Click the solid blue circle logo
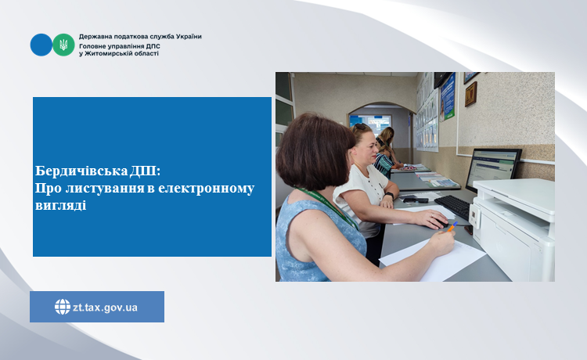pos(41,45)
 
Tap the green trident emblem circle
pos(63,45)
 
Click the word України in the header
pos(189,37)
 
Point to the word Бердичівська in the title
pos(81,171)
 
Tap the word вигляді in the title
pos(60,206)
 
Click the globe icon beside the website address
pos(63,307)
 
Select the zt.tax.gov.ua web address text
pos(105,308)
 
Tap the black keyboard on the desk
pos(452,207)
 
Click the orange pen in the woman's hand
pos(452,226)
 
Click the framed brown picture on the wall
pos(470,94)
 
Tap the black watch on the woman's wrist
pos(389,196)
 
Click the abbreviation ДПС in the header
pos(153,46)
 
